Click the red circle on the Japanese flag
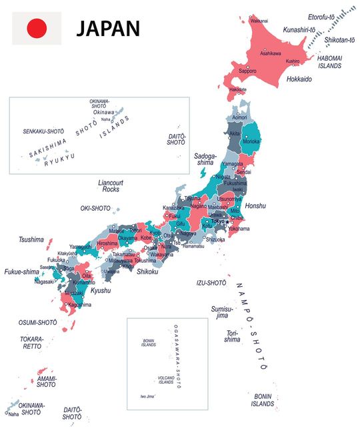(37, 28)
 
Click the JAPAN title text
(107, 28)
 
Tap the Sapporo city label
(247, 71)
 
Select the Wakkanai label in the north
(259, 21)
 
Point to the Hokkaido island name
(299, 79)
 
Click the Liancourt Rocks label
(111, 186)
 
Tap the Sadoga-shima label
(205, 159)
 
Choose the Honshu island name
(255, 205)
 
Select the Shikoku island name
(147, 271)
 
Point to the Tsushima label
(31, 240)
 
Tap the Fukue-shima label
(22, 272)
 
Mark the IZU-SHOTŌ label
(211, 283)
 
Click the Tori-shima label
(232, 336)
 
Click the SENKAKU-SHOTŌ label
(43, 131)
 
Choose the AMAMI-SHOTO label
(46, 381)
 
